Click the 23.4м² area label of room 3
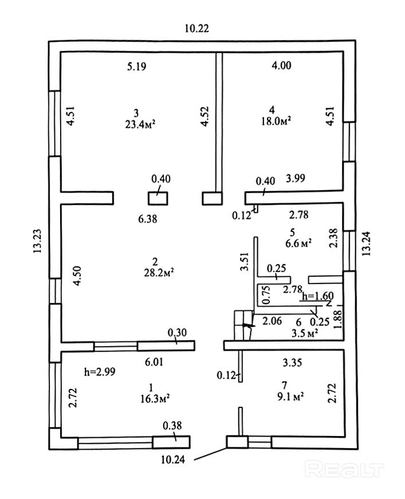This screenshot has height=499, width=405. tap(140, 124)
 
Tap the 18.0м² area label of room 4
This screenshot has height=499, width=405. tap(277, 121)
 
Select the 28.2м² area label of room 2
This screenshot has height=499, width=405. tap(159, 273)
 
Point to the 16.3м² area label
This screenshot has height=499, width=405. tap(155, 398)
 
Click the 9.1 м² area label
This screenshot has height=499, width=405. tap(290, 396)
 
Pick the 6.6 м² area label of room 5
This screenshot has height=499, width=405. tap(298, 243)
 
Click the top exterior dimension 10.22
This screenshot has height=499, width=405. tap(197, 28)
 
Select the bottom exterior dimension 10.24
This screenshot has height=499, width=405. tap(173, 460)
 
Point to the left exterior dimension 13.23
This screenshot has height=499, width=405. tap(38, 241)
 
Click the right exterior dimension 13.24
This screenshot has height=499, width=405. tap(365, 243)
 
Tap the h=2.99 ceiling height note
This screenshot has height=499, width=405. tap(100, 371)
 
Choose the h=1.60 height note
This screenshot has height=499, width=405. tap(318, 296)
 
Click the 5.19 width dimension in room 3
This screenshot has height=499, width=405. tap(137, 66)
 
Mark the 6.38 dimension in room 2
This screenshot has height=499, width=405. tap(148, 219)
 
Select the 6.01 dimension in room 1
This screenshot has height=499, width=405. tap(154, 362)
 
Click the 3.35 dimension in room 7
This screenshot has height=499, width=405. tap(292, 362)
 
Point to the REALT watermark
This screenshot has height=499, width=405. tap(344, 469)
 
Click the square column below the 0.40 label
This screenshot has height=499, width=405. tap(158, 198)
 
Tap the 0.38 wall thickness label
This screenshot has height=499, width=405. tap(172, 426)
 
